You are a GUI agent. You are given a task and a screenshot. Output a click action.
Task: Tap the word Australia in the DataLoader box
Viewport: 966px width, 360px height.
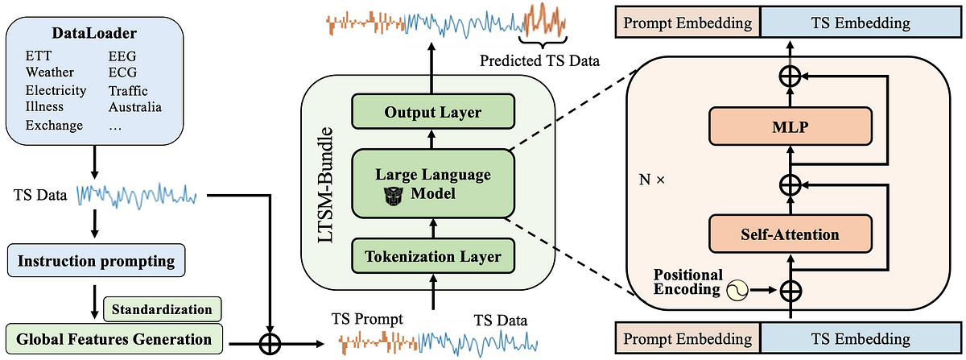click(x=135, y=107)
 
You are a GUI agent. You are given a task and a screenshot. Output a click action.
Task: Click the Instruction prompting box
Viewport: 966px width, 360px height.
click(x=95, y=260)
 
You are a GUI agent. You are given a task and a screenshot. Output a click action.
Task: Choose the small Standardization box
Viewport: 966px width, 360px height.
click(x=162, y=309)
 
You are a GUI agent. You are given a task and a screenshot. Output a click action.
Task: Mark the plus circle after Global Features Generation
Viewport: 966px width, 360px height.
click(x=270, y=344)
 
